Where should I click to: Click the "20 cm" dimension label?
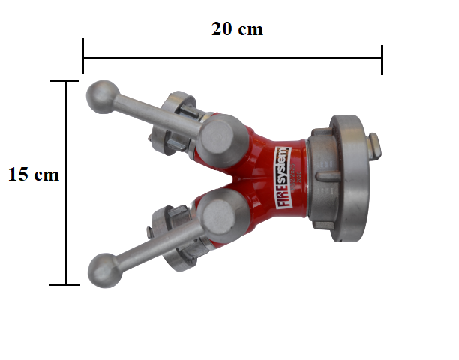point(237,29)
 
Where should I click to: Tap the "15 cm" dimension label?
point(34,175)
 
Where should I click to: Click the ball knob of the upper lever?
point(103,97)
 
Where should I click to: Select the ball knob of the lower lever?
point(105,271)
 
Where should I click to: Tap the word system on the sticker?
point(283,165)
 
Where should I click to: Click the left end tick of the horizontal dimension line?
point(82,56)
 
